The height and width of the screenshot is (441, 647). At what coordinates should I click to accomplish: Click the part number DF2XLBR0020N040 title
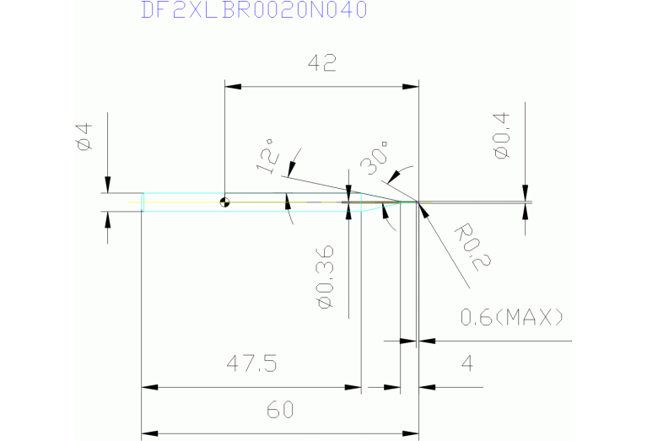253,11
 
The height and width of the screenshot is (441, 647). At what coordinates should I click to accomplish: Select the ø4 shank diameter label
84,137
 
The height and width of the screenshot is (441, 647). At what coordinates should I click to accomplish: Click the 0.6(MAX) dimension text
512,318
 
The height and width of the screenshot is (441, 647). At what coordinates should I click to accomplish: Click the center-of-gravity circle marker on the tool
224,202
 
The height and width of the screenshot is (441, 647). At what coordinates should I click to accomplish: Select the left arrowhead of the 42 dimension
232,87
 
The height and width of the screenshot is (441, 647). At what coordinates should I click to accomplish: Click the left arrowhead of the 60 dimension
149,433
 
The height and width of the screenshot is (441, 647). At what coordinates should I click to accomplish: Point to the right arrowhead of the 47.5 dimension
353,388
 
